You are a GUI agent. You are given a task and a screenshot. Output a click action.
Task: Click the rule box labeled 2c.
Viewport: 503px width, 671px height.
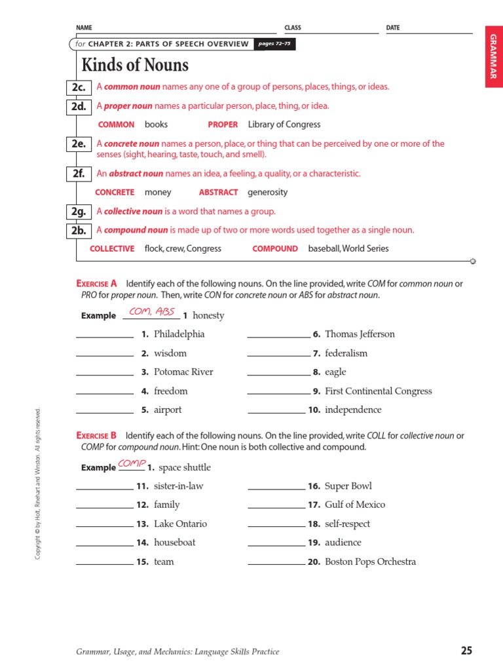pos(80,87)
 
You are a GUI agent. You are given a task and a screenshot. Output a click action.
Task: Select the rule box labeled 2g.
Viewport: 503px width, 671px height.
pos(80,212)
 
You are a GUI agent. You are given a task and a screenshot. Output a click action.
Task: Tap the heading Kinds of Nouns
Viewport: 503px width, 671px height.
pos(135,66)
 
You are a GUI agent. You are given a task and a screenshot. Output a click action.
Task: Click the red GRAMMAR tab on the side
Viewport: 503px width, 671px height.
pos(493,58)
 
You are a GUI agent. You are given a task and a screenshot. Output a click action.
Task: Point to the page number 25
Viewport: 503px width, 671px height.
pos(466,651)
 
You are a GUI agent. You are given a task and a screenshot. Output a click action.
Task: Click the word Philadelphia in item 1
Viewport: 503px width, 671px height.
pos(179,334)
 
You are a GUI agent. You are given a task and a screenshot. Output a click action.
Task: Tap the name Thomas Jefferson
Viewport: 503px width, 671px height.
pos(360,334)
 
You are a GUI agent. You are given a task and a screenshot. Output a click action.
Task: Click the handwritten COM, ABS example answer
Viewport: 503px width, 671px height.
pos(152,311)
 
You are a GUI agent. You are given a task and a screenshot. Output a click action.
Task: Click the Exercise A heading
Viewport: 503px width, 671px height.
pos(96,284)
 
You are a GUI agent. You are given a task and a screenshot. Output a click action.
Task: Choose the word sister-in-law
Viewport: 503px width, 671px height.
pos(179,486)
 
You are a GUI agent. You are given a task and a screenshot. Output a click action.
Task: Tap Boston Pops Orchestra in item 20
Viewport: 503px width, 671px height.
pos(370,562)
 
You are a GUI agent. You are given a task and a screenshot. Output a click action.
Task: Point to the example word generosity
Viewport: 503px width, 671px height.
pos(267,193)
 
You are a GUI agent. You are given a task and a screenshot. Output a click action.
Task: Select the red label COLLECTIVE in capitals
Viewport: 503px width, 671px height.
pos(112,249)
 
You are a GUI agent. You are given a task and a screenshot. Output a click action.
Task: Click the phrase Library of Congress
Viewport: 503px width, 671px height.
pos(284,125)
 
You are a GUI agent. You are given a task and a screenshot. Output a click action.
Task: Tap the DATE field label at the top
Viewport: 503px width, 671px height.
pos(393,28)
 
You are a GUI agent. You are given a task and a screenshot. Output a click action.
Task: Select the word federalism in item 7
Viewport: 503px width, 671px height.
pos(346,353)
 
